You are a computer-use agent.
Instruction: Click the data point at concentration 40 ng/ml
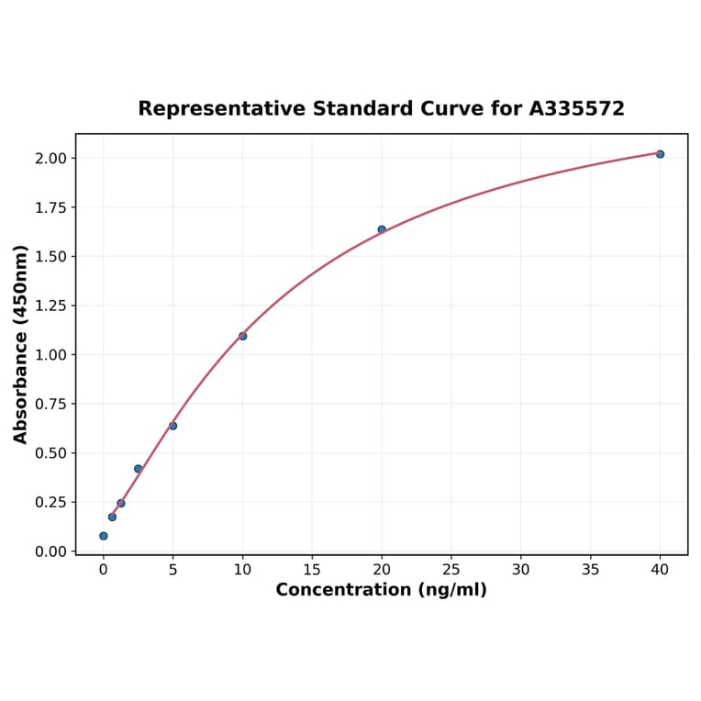pyautogui.click(x=660, y=154)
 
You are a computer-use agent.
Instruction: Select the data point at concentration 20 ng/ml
pyautogui.click(x=382, y=229)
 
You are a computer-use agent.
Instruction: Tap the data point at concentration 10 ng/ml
pyautogui.click(x=242, y=336)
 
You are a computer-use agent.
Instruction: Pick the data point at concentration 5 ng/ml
pyautogui.click(x=172, y=426)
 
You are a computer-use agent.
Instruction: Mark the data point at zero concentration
pyautogui.click(x=103, y=536)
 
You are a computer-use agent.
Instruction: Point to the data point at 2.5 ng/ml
pyautogui.click(x=138, y=469)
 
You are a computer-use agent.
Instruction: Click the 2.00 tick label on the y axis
pyautogui.click(x=51, y=159)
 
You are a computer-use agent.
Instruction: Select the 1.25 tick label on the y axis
pyautogui.click(x=51, y=306)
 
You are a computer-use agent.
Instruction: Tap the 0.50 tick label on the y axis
pyautogui.click(x=51, y=453)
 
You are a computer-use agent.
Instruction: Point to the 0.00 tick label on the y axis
pyautogui.click(x=51, y=551)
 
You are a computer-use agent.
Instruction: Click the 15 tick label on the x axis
pyautogui.click(x=312, y=570)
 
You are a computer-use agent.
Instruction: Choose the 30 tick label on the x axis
pyautogui.click(x=521, y=570)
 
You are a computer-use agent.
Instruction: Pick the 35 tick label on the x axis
pyautogui.click(x=591, y=570)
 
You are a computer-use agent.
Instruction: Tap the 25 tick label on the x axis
pyautogui.click(x=451, y=570)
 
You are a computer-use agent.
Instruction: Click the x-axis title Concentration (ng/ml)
pyautogui.click(x=381, y=590)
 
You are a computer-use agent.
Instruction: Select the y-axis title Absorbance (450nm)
pyautogui.click(x=21, y=344)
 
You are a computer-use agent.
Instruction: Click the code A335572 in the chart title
pyautogui.click(x=576, y=109)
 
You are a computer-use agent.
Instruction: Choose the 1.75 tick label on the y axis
pyautogui.click(x=51, y=207)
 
